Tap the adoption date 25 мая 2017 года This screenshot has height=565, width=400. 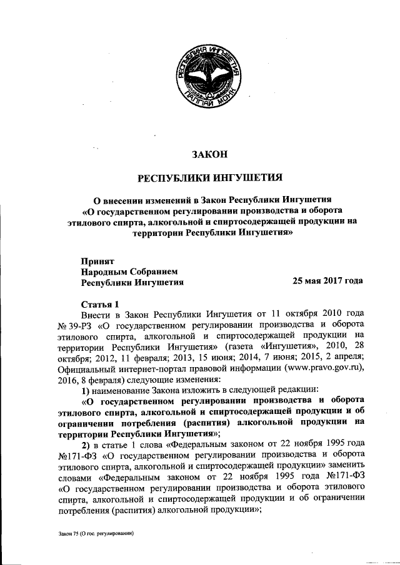coord(327,281)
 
